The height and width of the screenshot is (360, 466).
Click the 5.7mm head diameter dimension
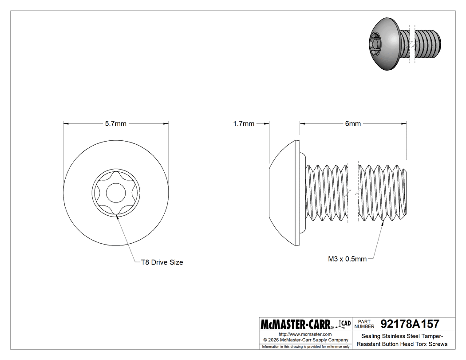(116, 124)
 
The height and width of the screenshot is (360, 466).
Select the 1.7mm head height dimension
(244, 124)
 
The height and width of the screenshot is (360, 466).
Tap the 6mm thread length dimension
(353, 124)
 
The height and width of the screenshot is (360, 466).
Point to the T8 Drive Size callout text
(162, 262)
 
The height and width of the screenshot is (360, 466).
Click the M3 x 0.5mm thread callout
(347, 259)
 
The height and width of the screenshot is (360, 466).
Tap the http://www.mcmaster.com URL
(305, 334)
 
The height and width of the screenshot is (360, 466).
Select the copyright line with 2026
(305, 340)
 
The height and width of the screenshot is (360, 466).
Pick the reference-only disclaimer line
(306, 346)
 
